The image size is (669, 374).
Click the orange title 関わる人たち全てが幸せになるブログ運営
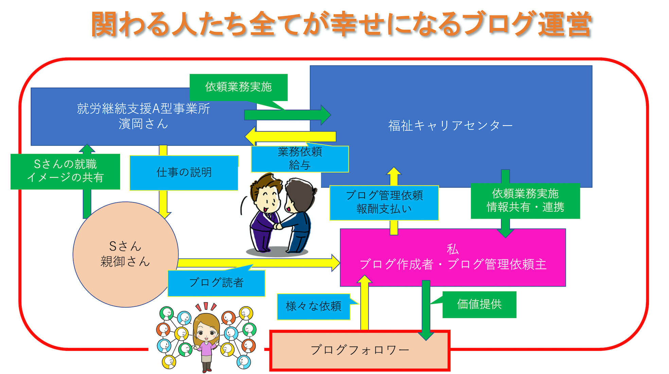click(x=341, y=24)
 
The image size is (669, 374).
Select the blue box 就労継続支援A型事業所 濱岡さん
click(x=143, y=117)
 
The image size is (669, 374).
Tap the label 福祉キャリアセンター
click(x=451, y=126)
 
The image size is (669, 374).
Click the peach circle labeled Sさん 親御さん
click(x=126, y=254)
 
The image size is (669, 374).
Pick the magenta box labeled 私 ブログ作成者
click(x=453, y=257)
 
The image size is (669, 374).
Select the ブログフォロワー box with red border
click(x=360, y=350)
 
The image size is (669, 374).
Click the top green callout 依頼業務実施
click(x=239, y=87)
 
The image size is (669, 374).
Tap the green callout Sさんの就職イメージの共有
click(x=65, y=171)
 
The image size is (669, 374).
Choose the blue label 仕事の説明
click(x=184, y=173)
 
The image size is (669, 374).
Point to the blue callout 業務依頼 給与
click(x=300, y=158)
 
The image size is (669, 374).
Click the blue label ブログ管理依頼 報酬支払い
click(x=384, y=203)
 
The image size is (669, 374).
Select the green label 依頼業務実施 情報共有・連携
click(x=525, y=201)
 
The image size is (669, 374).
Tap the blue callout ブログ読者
click(x=216, y=283)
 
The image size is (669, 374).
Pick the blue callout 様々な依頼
click(x=314, y=307)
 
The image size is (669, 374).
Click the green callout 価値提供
click(x=479, y=304)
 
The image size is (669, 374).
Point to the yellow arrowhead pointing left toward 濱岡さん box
click(x=250, y=136)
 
